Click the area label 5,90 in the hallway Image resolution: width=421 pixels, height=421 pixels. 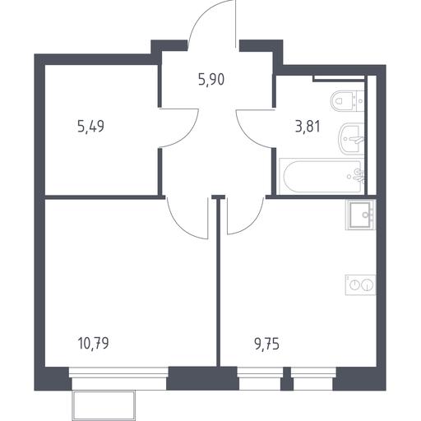(x=211, y=80)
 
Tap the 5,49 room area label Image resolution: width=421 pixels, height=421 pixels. (x=90, y=127)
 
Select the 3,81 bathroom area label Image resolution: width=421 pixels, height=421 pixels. (x=308, y=127)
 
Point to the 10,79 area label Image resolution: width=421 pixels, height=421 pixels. (x=93, y=343)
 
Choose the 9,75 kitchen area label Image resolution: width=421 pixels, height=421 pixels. (x=266, y=344)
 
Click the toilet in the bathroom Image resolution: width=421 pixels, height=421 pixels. (x=347, y=101)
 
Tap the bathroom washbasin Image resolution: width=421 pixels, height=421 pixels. (x=351, y=139)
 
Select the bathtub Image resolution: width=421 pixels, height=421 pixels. (x=322, y=176)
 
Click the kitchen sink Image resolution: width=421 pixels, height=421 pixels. (x=361, y=215)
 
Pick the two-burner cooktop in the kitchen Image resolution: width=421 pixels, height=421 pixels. (x=360, y=285)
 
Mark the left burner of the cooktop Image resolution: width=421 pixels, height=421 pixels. (x=355, y=285)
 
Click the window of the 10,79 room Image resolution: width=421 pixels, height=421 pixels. (x=118, y=378)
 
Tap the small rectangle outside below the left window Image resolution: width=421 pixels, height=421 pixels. (x=104, y=404)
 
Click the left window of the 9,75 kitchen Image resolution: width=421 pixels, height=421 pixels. (x=260, y=378)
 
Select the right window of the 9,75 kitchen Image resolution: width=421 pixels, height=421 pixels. (x=313, y=378)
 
